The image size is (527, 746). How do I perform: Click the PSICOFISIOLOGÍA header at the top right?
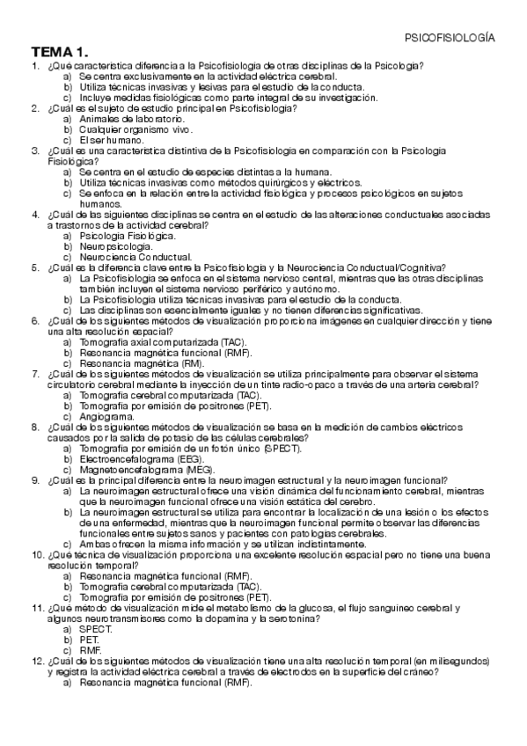449,39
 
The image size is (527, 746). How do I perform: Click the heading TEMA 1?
60,52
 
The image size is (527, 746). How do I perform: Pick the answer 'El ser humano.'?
111,140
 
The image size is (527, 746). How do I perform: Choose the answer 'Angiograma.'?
108,417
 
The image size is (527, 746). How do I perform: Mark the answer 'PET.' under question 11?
89,640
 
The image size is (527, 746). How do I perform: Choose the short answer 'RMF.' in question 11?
90,650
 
